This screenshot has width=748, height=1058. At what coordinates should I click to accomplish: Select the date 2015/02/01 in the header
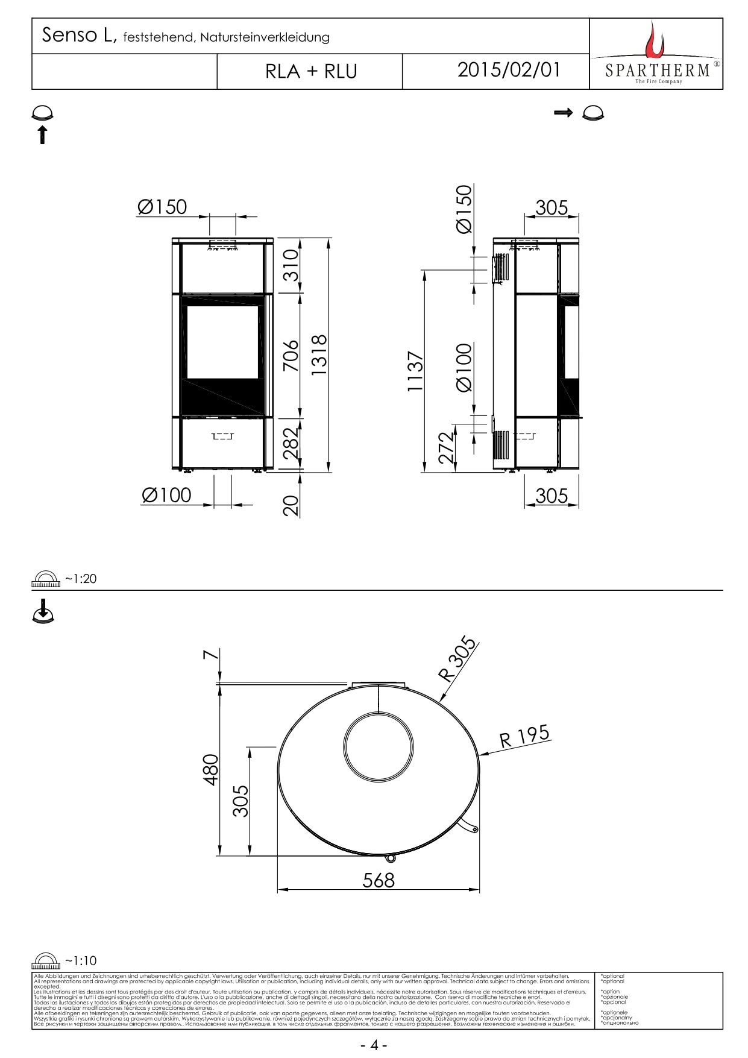508,70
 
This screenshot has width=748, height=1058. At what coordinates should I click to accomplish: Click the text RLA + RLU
311,72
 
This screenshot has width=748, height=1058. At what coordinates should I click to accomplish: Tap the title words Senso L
78,36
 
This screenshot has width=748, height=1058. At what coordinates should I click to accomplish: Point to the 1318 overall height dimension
319,355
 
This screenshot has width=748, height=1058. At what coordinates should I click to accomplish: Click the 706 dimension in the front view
291,355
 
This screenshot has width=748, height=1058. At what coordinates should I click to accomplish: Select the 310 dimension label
291,265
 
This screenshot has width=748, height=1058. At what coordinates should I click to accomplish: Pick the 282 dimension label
291,443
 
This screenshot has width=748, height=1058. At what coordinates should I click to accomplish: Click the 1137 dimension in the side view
416,371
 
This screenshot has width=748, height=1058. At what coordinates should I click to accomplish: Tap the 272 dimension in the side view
447,448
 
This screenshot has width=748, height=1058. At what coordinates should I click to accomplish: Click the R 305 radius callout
458,658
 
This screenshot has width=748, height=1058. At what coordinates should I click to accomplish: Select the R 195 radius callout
524,736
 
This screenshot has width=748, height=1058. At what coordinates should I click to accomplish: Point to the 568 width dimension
379,881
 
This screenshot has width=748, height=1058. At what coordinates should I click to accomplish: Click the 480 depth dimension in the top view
211,769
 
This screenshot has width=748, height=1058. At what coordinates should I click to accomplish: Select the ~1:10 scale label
81,961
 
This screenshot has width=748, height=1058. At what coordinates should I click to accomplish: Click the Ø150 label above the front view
162,207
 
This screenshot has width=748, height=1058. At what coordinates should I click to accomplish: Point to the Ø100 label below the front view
166,496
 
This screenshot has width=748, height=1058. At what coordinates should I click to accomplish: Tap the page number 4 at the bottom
374,1045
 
